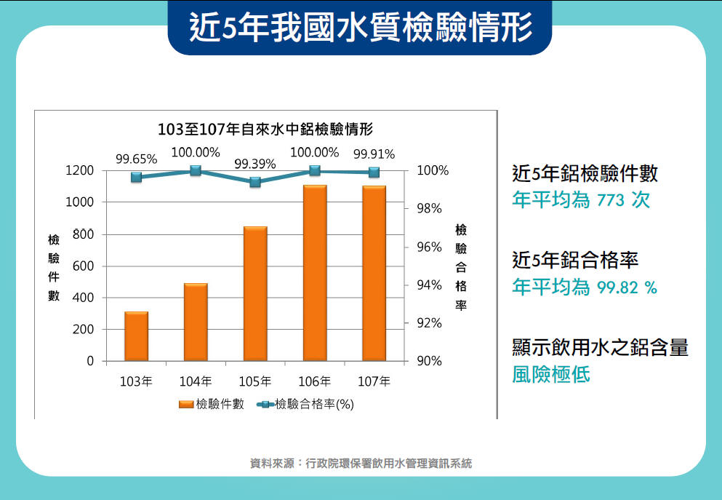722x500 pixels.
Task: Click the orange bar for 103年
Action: [136, 336]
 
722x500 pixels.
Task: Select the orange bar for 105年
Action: [255, 294]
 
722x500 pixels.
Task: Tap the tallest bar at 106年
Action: [315, 273]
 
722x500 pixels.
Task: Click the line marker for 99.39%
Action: [255, 182]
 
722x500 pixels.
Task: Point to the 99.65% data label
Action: [137, 159]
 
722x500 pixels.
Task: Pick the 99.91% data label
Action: [374, 154]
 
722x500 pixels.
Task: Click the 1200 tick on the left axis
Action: [80, 171]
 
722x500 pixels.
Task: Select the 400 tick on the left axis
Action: [84, 298]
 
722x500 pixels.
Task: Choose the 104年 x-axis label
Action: [196, 381]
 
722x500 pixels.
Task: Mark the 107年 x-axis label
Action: [374, 381]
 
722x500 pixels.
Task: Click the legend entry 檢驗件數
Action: [211, 405]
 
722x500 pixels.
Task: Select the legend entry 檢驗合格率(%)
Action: [305, 405]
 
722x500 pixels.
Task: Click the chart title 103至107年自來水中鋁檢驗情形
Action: [265, 130]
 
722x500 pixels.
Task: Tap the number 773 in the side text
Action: [611, 200]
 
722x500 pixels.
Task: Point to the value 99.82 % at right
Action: [627, 287]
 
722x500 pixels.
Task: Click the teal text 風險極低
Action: [551, 375]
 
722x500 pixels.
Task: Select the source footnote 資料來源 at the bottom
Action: [361, 463]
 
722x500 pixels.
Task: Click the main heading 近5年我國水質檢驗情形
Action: [361, 28]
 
